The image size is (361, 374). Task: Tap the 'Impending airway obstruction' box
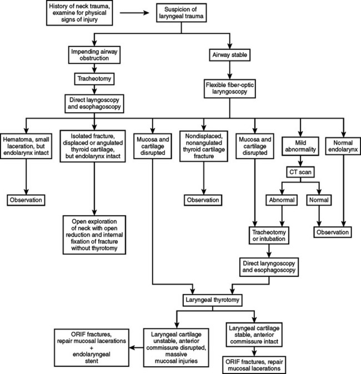point(96,55)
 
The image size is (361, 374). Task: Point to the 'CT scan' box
point(301,171)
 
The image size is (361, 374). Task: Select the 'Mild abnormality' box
point(301,144)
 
